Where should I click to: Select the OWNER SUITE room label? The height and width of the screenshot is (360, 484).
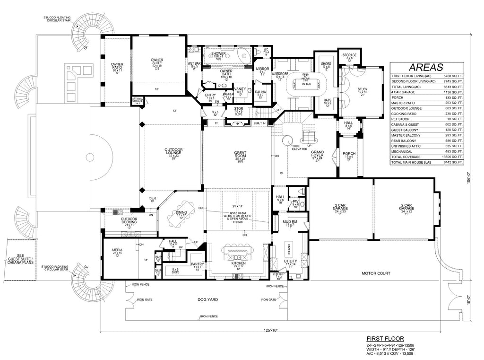[x=157, y=61]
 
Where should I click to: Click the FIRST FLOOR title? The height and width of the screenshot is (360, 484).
[x=385, y=339]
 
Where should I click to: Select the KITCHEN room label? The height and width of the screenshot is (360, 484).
[x=238, y=263]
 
